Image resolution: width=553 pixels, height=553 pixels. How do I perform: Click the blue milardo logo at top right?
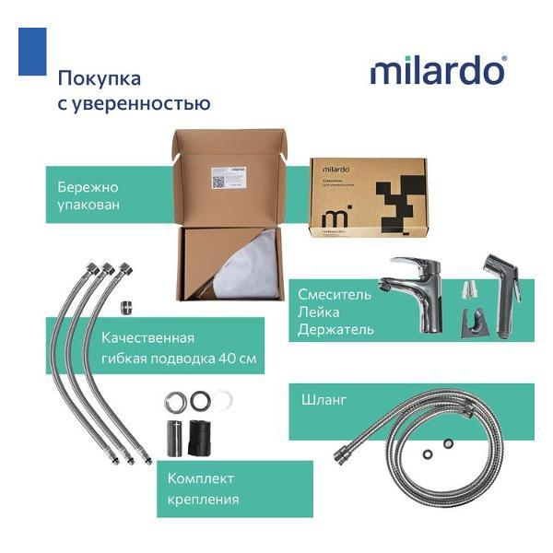click(x=438, y=71)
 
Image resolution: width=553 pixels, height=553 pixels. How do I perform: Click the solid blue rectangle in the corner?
click(x=32, y=52)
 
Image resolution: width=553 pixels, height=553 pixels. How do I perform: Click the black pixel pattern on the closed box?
click(x=404, y=197)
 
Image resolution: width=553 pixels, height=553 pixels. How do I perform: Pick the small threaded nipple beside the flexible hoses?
click(x=126, y=306)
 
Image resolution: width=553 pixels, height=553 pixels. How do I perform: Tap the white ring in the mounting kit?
click(x=222, y=400)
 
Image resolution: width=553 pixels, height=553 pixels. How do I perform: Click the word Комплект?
click(x=201, y=478)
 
